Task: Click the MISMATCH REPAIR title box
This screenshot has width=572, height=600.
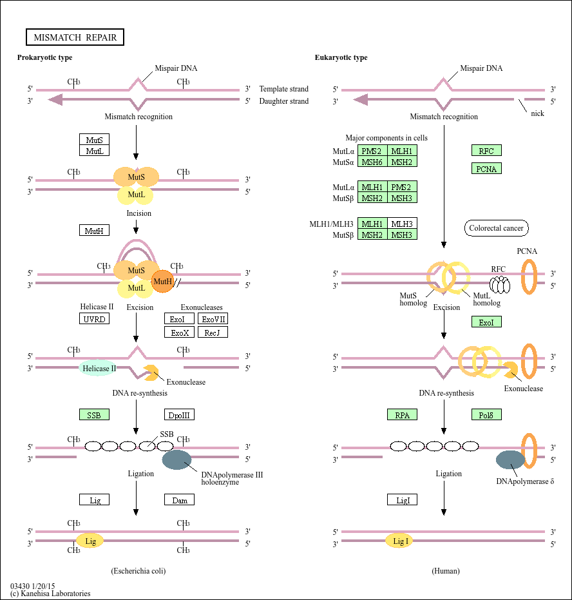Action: (75, 37)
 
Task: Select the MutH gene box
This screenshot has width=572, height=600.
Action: (94, 230)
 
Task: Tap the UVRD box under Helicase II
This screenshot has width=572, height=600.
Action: (94, 318)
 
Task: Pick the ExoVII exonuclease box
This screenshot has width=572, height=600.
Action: (213, 318)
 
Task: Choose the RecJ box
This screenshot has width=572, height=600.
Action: (213, 332)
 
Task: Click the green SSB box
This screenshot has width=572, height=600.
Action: (94, 414)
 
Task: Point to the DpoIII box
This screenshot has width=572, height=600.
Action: (179, 414)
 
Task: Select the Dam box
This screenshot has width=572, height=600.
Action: (179, 499)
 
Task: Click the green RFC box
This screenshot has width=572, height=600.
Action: (486, 151)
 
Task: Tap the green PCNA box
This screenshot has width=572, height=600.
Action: (486, 168)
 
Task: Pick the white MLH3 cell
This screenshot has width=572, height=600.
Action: (402, 224)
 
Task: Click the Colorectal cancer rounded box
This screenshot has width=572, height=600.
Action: (496, 228)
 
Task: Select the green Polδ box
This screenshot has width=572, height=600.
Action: (486, 414)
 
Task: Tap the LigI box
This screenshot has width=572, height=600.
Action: (403, 499)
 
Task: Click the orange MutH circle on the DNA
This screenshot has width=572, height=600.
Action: (163, 281)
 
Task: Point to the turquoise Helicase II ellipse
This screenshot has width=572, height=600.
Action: (99, 368)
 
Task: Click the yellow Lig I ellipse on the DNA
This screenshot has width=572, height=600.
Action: (399, 541)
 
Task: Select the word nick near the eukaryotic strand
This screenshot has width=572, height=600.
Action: (537, 113)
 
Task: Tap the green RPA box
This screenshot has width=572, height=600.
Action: (403, 414)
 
